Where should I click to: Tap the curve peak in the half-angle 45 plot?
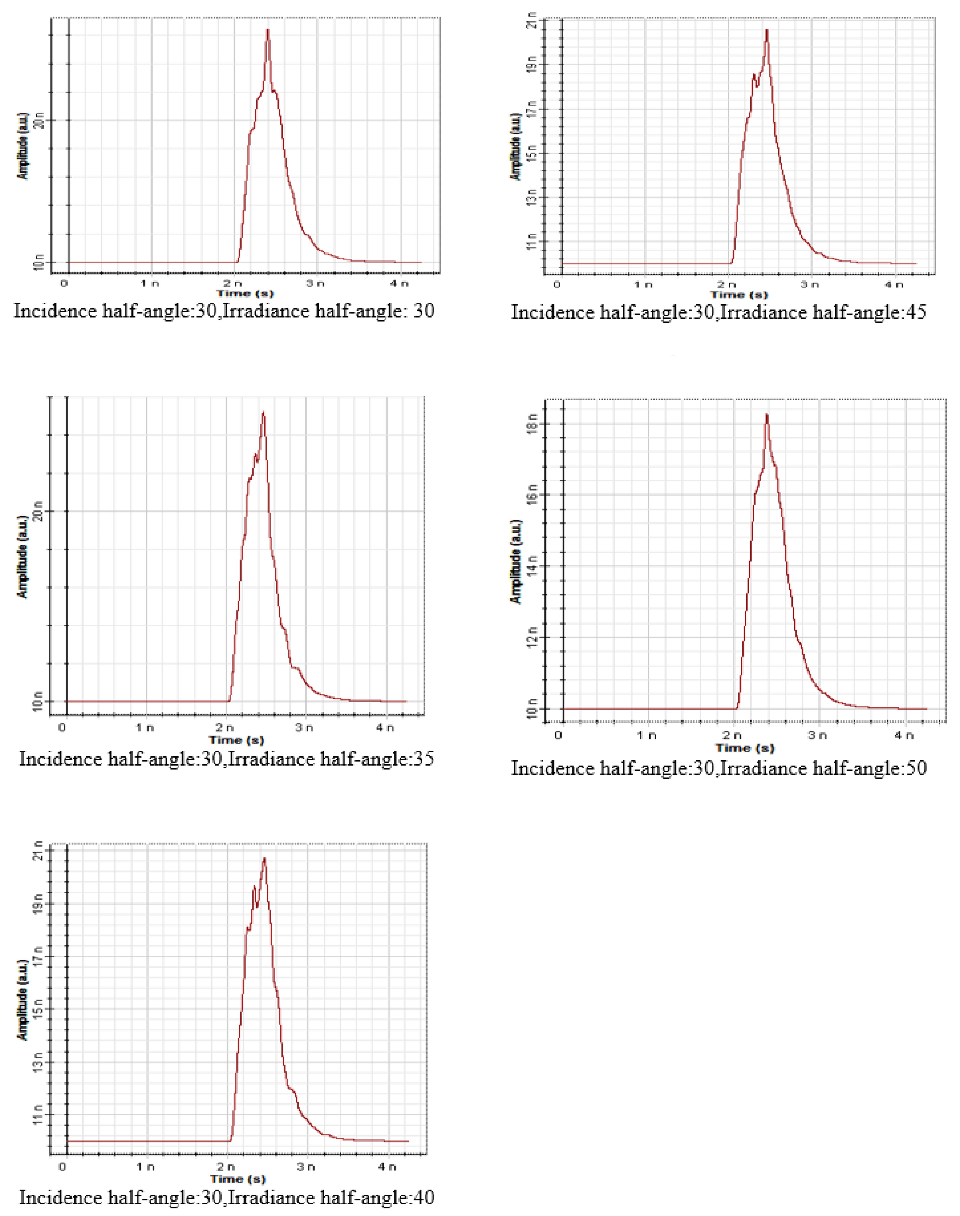(x=767, y=30)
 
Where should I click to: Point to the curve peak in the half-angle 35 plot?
(x=263, y=412)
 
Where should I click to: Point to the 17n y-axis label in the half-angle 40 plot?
(x=38, y=956)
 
